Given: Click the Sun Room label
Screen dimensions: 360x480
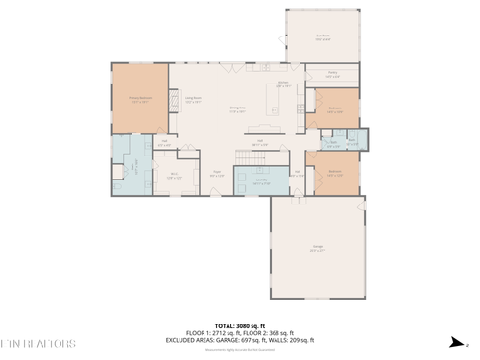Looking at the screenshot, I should point(324,37).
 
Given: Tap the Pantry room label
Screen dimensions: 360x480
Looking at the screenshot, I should point(332,74).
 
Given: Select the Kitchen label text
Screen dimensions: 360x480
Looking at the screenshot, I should point(283,84).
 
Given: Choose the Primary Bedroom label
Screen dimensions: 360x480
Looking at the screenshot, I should point(140,98).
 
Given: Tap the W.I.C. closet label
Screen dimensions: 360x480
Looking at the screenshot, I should point(174,176).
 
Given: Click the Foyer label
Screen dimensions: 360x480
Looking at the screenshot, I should point(217,175).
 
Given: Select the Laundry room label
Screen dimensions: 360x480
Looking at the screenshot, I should point(260,180).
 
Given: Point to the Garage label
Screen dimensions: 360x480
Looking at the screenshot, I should point(316,249).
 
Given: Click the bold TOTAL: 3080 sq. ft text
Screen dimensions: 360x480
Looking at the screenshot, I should point(239,324).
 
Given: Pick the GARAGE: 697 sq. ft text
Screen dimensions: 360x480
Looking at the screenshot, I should point(249,340).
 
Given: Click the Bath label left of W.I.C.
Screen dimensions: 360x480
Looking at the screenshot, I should point(135,165).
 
